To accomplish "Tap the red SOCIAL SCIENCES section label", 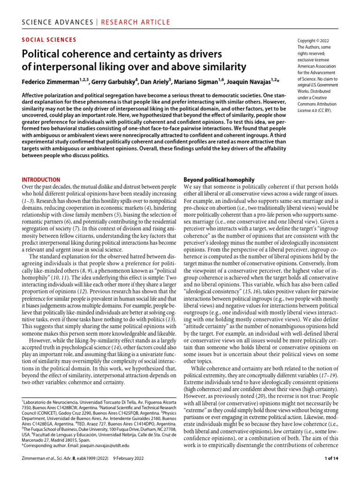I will (x=49, y=40).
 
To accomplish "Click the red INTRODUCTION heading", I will (x=41, y=180).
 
